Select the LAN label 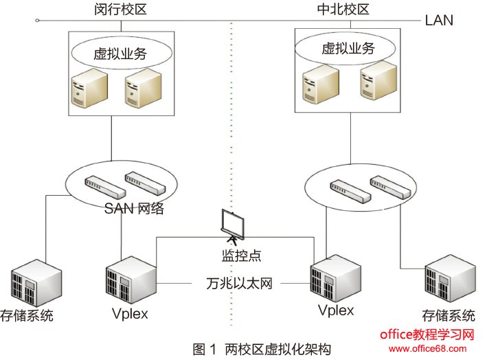click(x=439, y=20)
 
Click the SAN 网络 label click(x=135, y=209)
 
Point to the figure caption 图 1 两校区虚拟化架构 click(x=262, y=348)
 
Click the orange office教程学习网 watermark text click(x=427, y=335)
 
